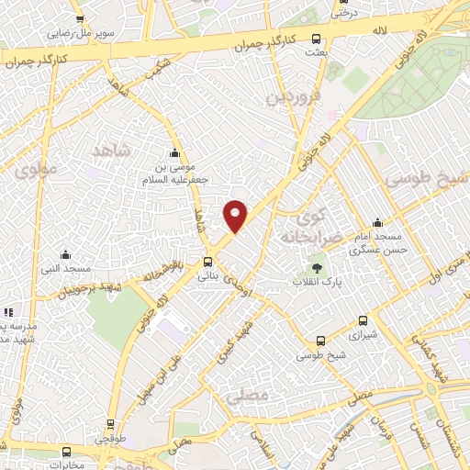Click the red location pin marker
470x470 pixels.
click(x=236, y=215)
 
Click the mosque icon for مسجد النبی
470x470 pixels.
click(x=64, y=254)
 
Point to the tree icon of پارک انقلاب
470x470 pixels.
click(x=317, y=268)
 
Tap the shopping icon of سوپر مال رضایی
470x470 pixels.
click(x=80, y=19)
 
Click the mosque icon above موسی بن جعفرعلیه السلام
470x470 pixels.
click(x=174, y=153)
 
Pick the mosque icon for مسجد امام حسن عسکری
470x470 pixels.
click(x=377, y=223)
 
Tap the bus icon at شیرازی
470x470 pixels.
click(x=364, y=321)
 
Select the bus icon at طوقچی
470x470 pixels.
click(x=110, y=423)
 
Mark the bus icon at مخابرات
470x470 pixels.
click(x=66, y=452)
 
